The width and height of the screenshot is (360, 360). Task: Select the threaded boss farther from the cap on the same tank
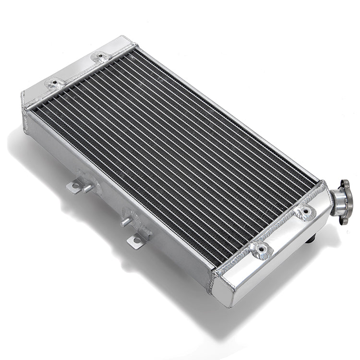point(261,249)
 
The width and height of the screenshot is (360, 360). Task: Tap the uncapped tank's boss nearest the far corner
point(100,57)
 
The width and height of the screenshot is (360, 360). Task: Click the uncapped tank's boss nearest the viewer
point(55,84)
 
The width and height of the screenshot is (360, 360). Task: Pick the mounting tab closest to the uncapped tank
point(75,187)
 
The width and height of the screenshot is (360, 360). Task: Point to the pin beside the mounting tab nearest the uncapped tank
point(88,188)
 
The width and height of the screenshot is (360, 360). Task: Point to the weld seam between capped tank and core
point(269,226)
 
